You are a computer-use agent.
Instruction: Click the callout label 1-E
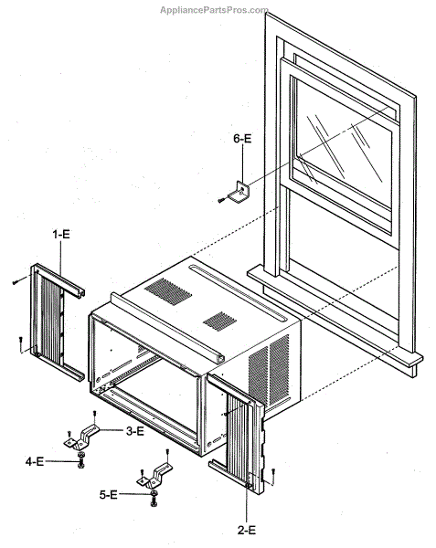[x=61, y=234]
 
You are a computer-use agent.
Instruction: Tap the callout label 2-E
[x=247, y=530]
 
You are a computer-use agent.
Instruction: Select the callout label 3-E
[x=135, y=431]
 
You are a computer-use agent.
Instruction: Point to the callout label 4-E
[x=35, y=461]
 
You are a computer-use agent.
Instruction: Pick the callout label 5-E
[x=109, y=494]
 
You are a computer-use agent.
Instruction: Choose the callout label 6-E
[x=242, y=139]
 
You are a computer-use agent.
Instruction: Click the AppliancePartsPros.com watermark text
[x=214, y=10]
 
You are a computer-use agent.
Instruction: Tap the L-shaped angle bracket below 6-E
[x=240, y=192]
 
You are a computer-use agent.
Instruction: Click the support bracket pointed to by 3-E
[x=82, y=437]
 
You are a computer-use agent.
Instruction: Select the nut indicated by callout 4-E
[x=80, y=454]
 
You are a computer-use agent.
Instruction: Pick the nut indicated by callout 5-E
[x=154, y=493]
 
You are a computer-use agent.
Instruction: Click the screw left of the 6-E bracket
[x=222, y=200]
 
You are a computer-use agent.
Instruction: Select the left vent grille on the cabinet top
[x=168, y=291]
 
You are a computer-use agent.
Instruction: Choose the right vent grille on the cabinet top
[x=219, y=321]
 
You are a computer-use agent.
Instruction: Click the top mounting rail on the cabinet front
[x=167, y=324]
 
